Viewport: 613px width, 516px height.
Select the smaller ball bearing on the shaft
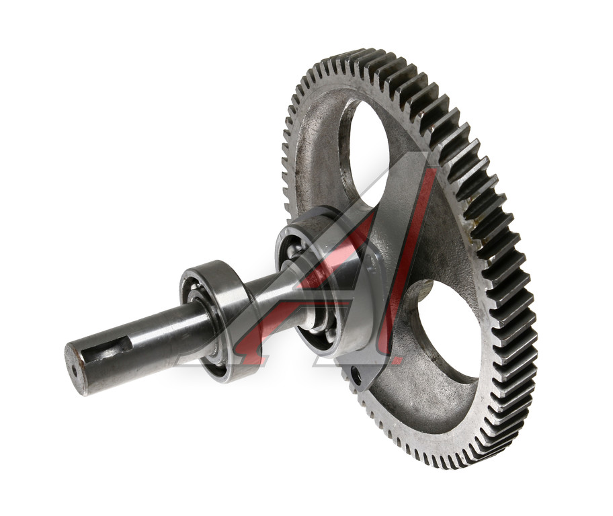216,320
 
